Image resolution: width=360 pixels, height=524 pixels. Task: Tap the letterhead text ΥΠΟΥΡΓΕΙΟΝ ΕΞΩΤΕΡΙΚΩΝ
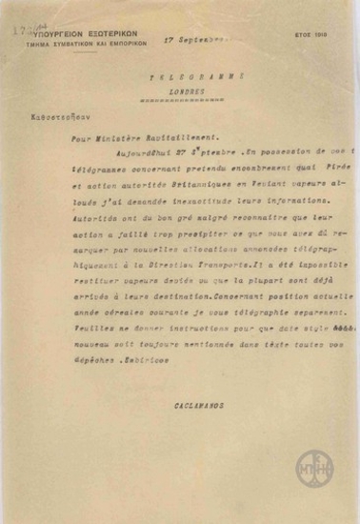(x=76, y=32)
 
